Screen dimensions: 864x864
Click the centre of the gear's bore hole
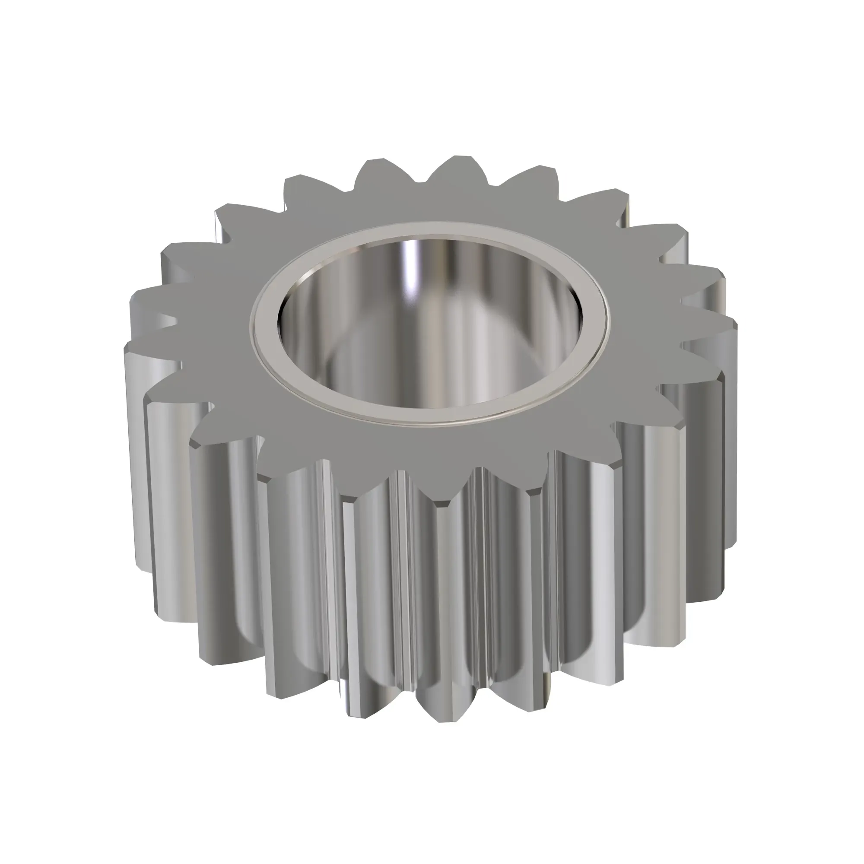point(429,322)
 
